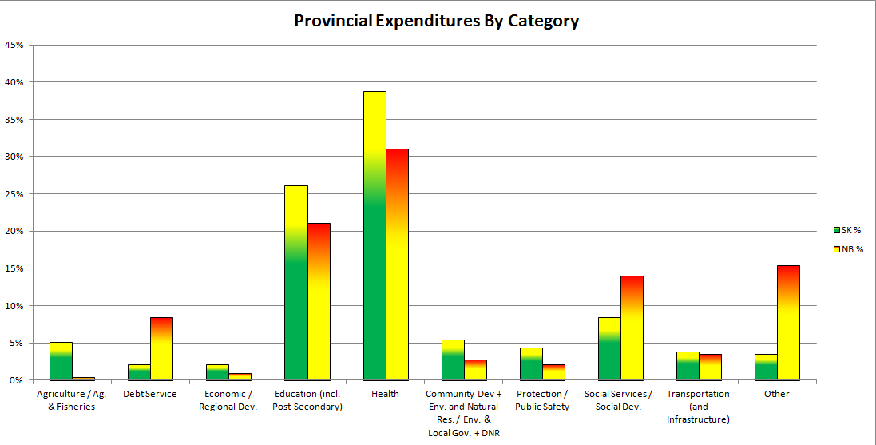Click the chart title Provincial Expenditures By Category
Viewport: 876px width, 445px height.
pyautogui.click(x=436, y=21)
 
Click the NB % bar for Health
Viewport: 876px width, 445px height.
pyautogui.click(x=397, y=264)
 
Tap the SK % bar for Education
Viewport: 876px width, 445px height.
pyautogui.click(x=296, y=283)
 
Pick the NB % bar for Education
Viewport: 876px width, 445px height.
pyautogui.click(x=319, y=301)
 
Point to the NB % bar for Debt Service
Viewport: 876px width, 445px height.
pyautogui.click(x=162, y=348)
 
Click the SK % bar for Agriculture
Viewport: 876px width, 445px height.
pyautogui.click(x=61, y=361)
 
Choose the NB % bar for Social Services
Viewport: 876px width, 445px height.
pyautogui.click(x=632, y=328)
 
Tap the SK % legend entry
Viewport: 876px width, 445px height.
pyautogui.click(x=851, y=230)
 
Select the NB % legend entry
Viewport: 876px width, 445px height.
pyautogui.click(x=851, y=249)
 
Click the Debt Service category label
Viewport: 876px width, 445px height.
pyautogui.click(x=150, y=394)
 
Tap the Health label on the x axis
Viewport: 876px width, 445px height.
pyautogui.click(x=385, y=394)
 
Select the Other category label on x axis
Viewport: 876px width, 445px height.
pyautogui.click(x=776, y=394)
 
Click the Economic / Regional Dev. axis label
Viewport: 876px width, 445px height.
pyautogui.click(x=228, y=400)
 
